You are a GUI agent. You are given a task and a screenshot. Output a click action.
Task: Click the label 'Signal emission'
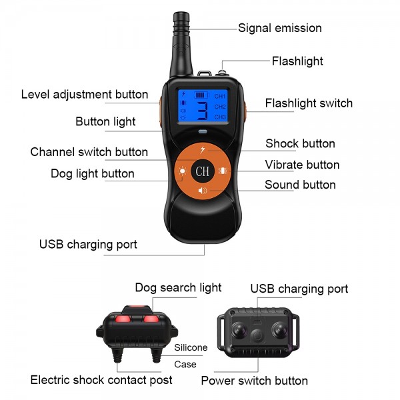280,28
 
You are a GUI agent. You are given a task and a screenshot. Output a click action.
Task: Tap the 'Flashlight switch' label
309,103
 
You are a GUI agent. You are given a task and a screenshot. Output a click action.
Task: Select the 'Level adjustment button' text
85,94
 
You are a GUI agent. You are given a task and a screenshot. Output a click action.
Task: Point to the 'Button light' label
105,121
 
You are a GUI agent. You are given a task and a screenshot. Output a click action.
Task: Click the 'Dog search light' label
178,288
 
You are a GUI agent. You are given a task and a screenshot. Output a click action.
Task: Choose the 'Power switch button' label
255,381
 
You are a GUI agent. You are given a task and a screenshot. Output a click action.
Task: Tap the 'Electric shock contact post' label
101,380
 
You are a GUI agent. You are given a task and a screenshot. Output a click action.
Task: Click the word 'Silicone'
191,347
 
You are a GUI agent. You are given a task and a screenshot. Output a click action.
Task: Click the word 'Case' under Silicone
185,364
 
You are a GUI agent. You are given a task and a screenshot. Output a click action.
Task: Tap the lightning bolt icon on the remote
203,149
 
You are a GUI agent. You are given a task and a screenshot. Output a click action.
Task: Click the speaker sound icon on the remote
203,191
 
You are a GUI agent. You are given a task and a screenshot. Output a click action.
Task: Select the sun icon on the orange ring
181,171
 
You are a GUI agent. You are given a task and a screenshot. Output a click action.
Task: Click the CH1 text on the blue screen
220,96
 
